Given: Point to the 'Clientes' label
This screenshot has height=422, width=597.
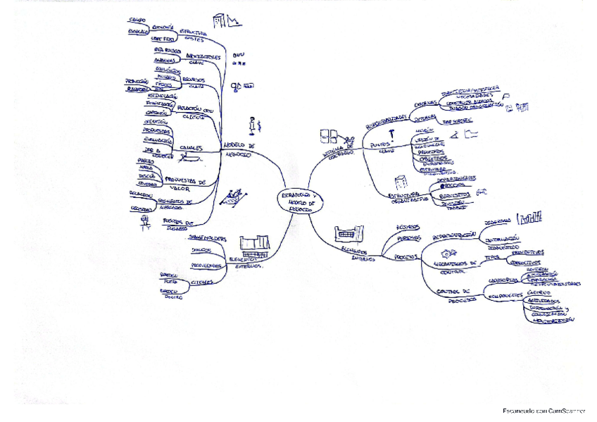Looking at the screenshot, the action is [x=202, y=283].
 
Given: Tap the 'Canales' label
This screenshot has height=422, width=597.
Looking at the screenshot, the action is [x=191, y=148].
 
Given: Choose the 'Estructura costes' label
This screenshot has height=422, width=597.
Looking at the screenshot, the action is [x=194, y=35].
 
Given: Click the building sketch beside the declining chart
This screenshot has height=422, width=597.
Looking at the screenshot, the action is [x=220, y=20].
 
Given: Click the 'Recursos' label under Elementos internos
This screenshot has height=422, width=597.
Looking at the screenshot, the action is [x=408, y=228].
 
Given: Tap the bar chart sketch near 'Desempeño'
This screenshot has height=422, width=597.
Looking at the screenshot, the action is [x=530, y=218].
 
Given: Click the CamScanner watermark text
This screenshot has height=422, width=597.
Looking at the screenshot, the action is [x=543, y=411].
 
